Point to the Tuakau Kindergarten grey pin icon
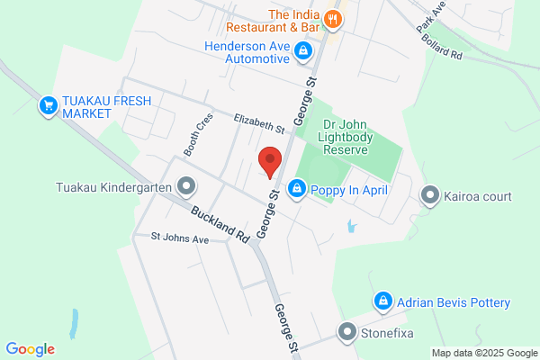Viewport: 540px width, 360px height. (186, 187)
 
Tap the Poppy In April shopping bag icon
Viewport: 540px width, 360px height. (296, 189)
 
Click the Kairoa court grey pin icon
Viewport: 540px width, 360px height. (430, 195)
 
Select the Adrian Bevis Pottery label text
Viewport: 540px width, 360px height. (454, 302)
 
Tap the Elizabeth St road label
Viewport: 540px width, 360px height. (259, 123)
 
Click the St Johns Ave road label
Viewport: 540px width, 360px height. (179, 239)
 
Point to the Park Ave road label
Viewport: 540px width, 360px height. (431, 19)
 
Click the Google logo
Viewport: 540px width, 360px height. (30, 349)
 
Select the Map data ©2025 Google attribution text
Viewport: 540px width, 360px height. (483, 352)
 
